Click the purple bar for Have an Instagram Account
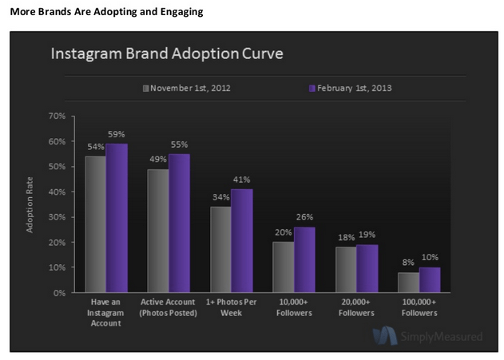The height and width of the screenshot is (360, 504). [117, 218]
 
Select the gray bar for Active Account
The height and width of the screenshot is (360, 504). [158, 231]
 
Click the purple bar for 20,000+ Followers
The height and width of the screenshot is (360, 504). [367, 268]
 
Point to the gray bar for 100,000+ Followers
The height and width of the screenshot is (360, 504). [408, 283]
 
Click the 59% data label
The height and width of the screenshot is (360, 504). [117, 134]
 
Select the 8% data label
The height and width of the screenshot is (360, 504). [408, 263]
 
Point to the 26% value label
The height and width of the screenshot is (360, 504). [304, 216]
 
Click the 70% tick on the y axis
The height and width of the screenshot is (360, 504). [56, 117]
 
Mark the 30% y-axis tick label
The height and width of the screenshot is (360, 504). [56, 217]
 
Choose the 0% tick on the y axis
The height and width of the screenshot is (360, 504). [58, 293]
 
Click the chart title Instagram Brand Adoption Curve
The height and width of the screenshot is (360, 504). [166, 54]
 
